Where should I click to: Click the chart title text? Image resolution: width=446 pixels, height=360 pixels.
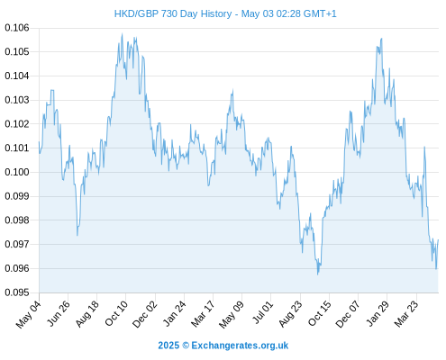[x=225, y=13]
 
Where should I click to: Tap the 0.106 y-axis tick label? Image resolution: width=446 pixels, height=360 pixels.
[x=17, y=28]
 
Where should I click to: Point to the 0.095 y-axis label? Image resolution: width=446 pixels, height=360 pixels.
[x=17, y=292]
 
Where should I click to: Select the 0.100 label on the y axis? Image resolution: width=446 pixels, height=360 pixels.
[x=17, y=172]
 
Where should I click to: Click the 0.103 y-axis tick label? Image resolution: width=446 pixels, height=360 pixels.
[x=17, y=100]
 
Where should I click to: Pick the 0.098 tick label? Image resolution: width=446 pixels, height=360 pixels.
[x=17, y=220]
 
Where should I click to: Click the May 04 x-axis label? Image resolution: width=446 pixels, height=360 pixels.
[x=29, y=314]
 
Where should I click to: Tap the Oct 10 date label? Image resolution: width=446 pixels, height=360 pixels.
[x=116, y=313]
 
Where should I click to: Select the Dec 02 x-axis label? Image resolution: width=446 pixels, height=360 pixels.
[x=145, y=314]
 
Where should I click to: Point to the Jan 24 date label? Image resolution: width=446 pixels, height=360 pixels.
[x=175, y=313]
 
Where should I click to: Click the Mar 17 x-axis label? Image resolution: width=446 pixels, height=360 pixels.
[x=203, y=313]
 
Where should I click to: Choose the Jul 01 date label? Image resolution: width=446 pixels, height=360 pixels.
[x=263, y=312]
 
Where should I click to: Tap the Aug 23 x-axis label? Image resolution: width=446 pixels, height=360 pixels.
[x=290, y=313]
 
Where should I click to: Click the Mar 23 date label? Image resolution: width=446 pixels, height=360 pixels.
[x=406, y=313]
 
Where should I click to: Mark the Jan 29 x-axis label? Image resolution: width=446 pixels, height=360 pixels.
[x=378, y=313]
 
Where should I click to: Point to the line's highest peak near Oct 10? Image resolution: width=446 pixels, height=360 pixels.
[x=122, y=34]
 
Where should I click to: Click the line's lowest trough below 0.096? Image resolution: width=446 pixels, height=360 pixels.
[x=318, y=274]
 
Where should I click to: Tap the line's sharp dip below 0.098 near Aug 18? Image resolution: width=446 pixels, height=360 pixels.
[x=77, y=236]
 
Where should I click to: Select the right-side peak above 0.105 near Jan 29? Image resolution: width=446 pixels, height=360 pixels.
[x=381, y=39]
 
